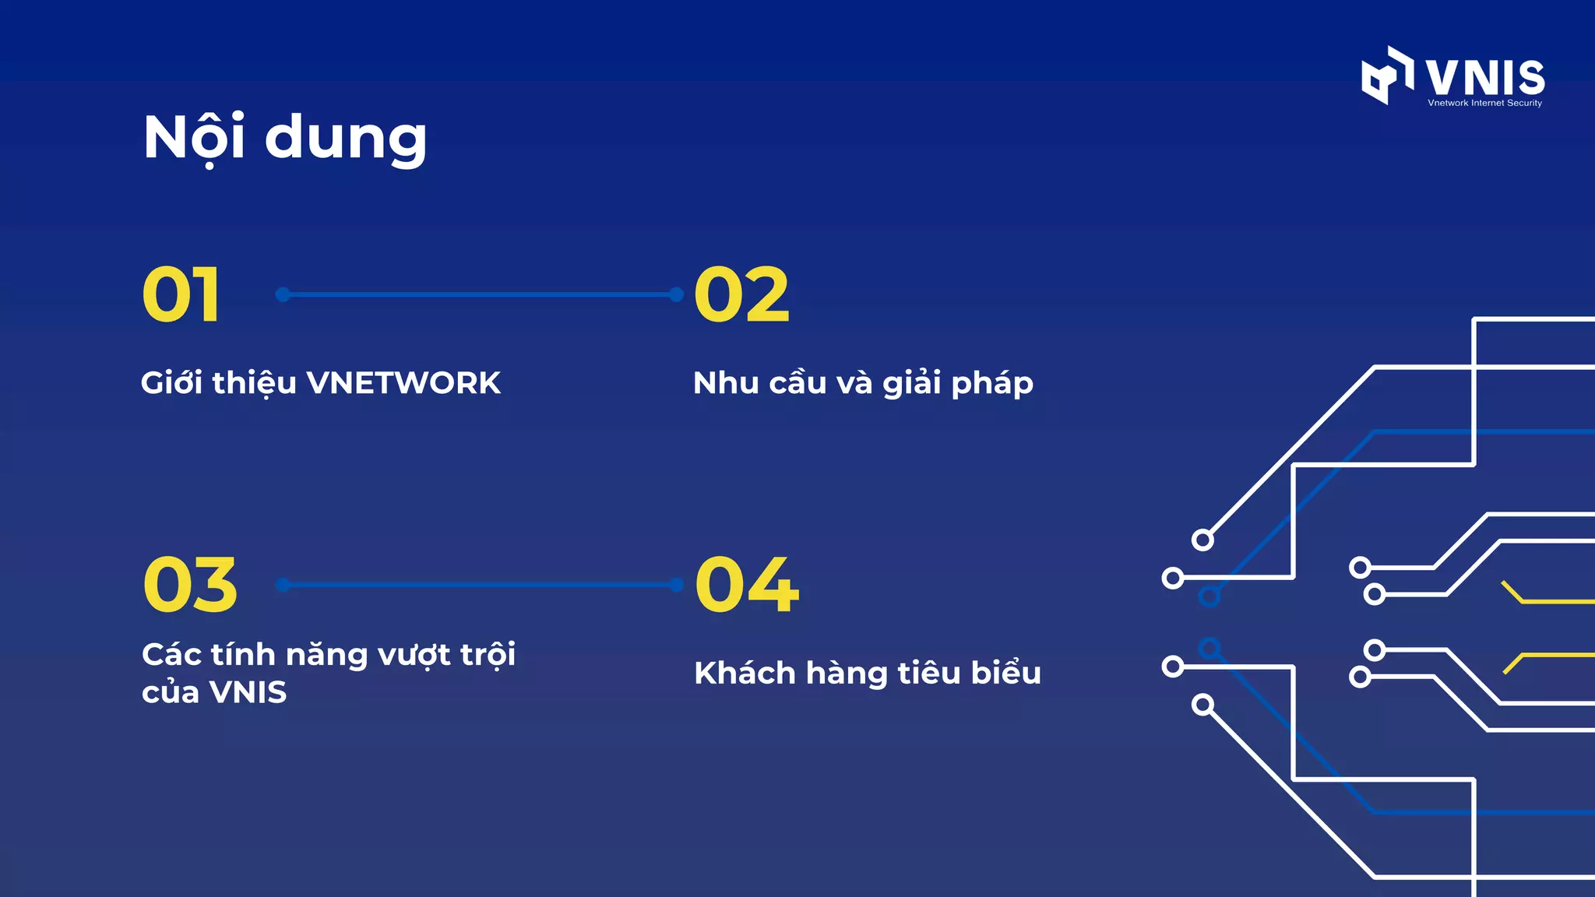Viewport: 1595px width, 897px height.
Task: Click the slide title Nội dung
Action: [285, 138]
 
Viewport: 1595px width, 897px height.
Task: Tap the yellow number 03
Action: [190, 585]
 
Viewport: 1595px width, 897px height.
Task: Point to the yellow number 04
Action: [747, 585]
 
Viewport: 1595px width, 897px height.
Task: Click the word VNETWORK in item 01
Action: [403, 383]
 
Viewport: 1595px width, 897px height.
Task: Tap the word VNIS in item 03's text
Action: [248, 692]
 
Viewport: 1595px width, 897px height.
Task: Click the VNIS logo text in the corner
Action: [1485, 77]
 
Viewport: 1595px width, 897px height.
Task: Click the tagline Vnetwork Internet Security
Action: [1484, 103]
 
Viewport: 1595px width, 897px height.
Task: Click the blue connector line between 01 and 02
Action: [480, 294]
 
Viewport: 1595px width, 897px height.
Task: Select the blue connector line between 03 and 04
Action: [480, 585]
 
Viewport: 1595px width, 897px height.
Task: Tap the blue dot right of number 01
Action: [283, 294]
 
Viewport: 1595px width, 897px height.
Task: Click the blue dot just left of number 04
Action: [676, 585]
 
